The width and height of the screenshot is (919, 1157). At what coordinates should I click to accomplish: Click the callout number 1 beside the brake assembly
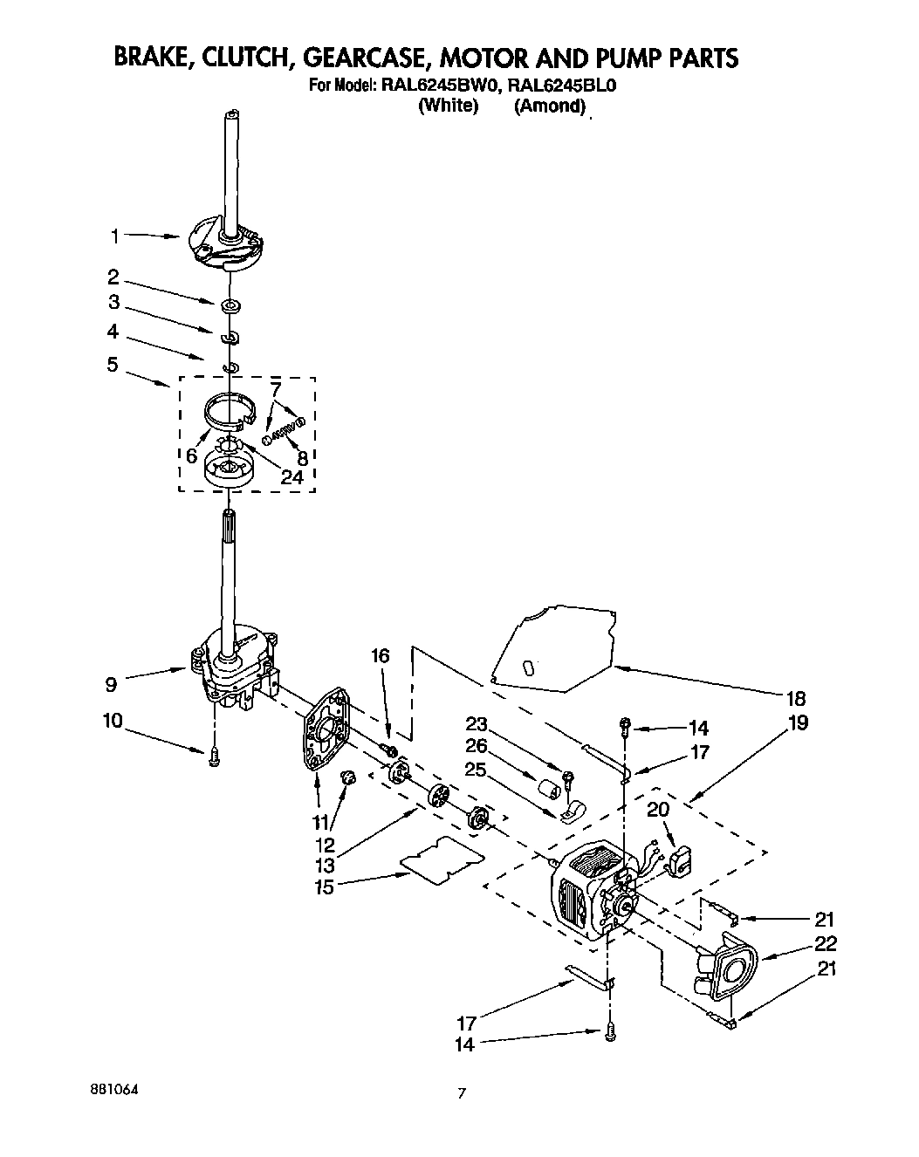[114, 235]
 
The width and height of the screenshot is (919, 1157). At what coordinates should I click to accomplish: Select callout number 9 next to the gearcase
[111, 685]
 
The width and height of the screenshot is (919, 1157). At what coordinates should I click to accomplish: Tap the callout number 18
[794, 698]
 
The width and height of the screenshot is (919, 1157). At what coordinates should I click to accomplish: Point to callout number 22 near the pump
[825, 943]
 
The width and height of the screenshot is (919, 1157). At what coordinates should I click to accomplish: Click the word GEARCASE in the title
[361, 58]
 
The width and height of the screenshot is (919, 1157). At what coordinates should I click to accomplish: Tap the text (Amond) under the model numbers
[549, 106]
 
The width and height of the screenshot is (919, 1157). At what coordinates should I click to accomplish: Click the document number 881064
[114, 1091]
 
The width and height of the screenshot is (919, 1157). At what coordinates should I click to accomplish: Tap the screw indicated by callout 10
[214, 761]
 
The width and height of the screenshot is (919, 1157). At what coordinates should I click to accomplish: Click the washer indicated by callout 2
[231, 306]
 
